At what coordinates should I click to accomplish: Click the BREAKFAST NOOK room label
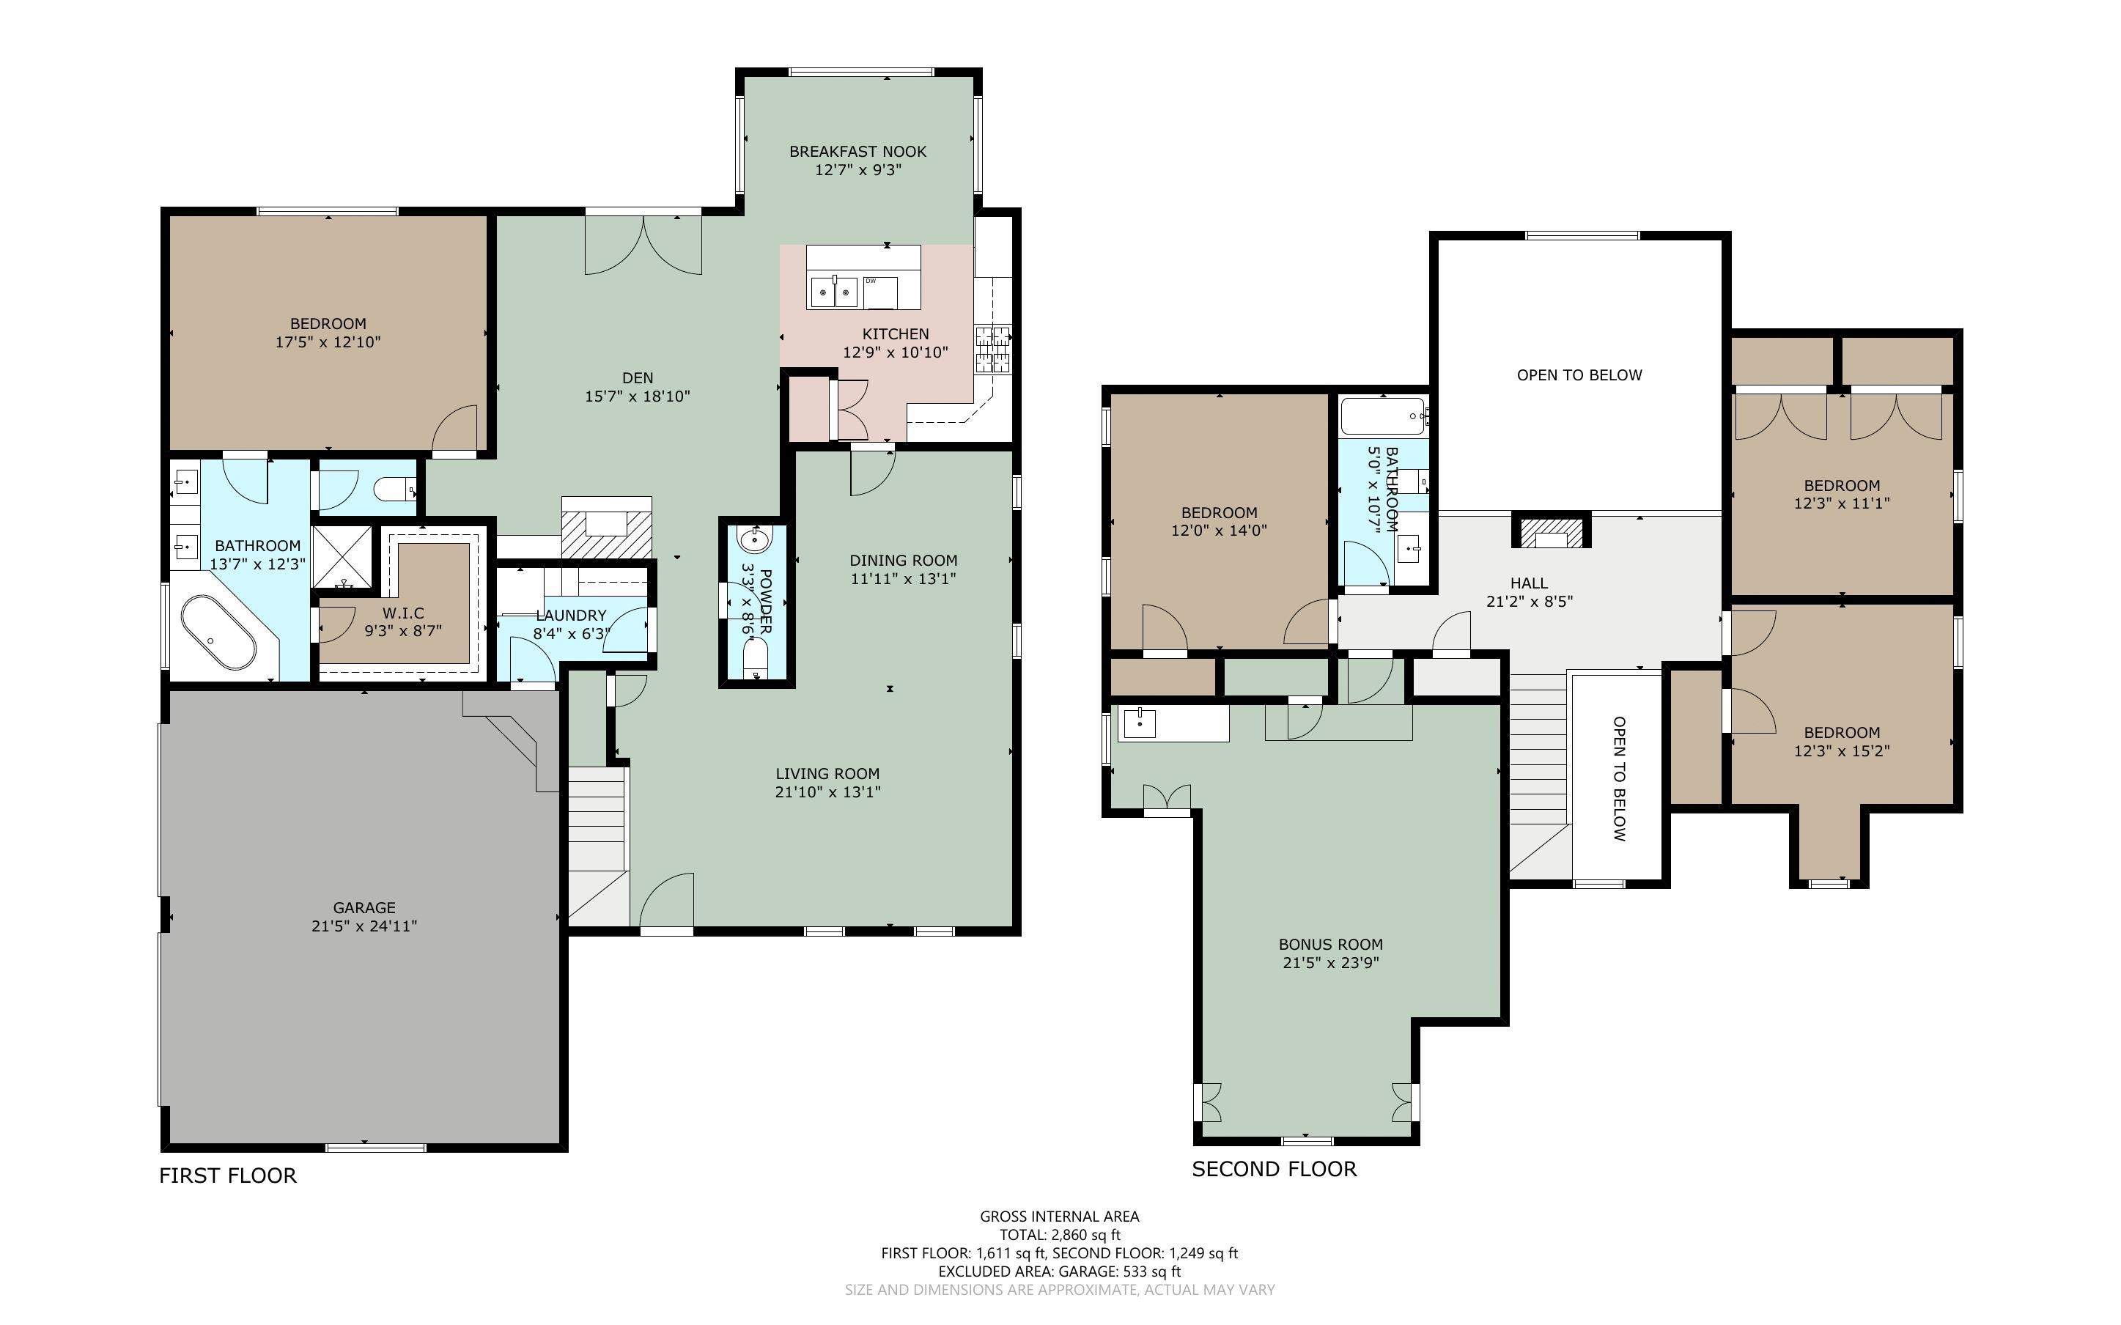click(857, 152)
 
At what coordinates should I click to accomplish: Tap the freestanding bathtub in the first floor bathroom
click(218, 632)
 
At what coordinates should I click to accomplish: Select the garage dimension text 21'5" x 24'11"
click(364, 926)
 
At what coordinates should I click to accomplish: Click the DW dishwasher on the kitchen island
click(879, 292)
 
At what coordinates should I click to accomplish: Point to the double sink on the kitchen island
click(834, 292)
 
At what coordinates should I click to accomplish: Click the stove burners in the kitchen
click(992, 349)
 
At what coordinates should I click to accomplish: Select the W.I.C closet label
click(403, 613)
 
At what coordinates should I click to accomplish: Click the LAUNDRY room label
click(571, 615)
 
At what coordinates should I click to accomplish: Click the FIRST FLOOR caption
click(228, 1176)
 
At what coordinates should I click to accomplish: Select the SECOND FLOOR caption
click(1274, 1169)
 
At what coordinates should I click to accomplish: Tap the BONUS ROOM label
click(1330, 945)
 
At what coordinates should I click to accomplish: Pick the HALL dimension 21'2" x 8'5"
click(1529, 602)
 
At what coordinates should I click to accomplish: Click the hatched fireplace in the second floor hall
click(1552, 533)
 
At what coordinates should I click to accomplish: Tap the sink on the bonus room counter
click(1139, 724)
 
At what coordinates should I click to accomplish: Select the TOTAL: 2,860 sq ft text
click(1059, 1235)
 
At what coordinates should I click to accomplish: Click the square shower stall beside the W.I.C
click(342, 558)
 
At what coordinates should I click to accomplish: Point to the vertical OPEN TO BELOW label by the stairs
click(1619, 778)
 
